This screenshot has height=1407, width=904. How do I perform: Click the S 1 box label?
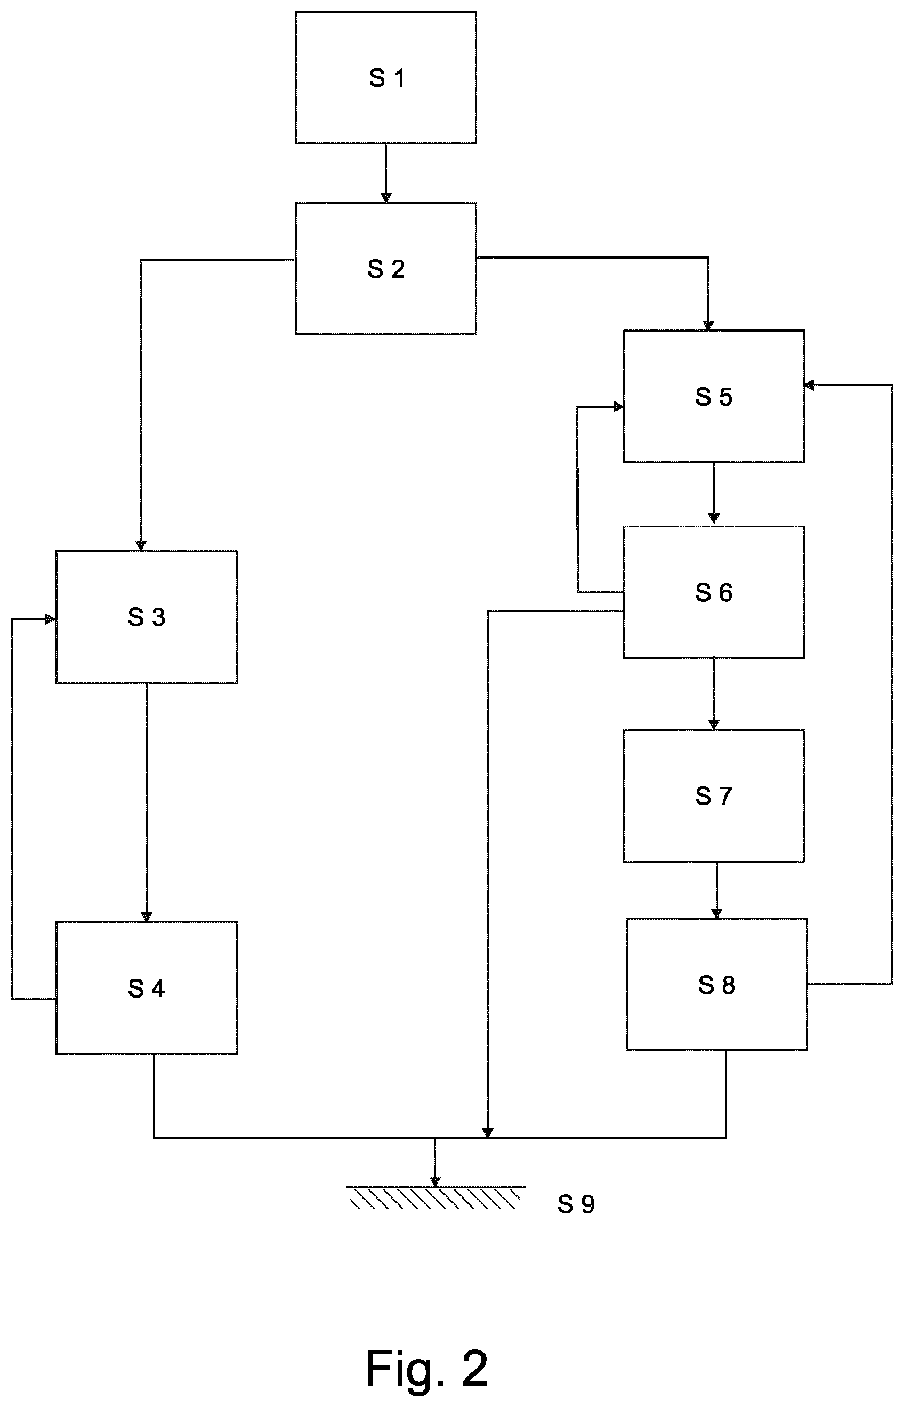coord(387,78)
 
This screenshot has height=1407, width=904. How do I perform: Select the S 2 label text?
coord(386,269)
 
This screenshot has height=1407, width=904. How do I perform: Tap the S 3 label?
coord(147,617)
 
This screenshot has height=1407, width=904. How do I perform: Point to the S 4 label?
coord(147,989)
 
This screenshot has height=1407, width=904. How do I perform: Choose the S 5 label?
coord(714,397)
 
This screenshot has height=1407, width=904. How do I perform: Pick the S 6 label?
coord(714,593)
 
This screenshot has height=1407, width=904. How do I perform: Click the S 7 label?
coord(714,797)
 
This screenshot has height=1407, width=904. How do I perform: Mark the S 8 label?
coord(717,986)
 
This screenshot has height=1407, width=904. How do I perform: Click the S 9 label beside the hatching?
coord(576,1204)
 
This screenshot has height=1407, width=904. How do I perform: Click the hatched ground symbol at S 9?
coord(435,1198)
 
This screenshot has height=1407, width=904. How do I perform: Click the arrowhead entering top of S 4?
coord(147,917)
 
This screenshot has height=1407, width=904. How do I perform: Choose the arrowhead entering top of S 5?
coord(708,325)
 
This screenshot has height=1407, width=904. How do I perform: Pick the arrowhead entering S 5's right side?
coord(810,385)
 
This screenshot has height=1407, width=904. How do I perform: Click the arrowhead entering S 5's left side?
coord(619,406)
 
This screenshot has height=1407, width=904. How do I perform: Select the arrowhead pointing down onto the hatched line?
coord(435,1181)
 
